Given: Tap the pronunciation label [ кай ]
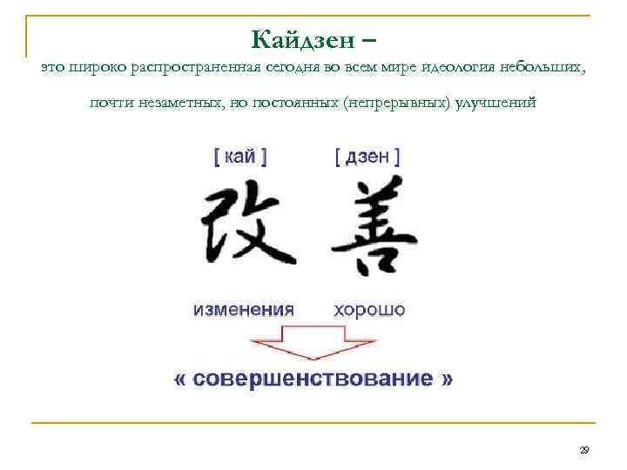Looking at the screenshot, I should [x=239, y=157].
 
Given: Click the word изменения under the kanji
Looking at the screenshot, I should [x=243, y=309].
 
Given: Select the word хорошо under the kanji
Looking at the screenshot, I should [x=368, y=309].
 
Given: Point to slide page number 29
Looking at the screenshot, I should [x=584, y=450].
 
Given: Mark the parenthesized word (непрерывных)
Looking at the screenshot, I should [x=397, y=104].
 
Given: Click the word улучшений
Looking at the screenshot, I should [x=497, y=104].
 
